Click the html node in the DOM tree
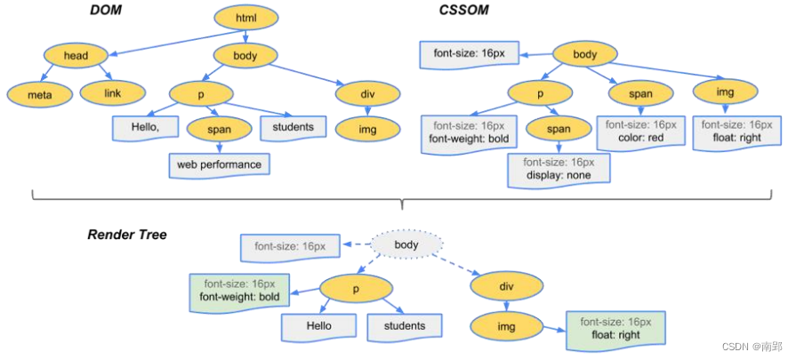[245, 17]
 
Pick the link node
[111, 92]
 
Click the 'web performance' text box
[219, 164]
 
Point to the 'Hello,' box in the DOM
[142, 128]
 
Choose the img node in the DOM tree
[368, 129]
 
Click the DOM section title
[104, 11]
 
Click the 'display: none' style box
[559, 169]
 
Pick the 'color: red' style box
[640, 132]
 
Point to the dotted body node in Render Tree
[406, 244]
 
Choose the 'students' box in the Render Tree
[405, 326]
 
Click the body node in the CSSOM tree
[585, 54]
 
